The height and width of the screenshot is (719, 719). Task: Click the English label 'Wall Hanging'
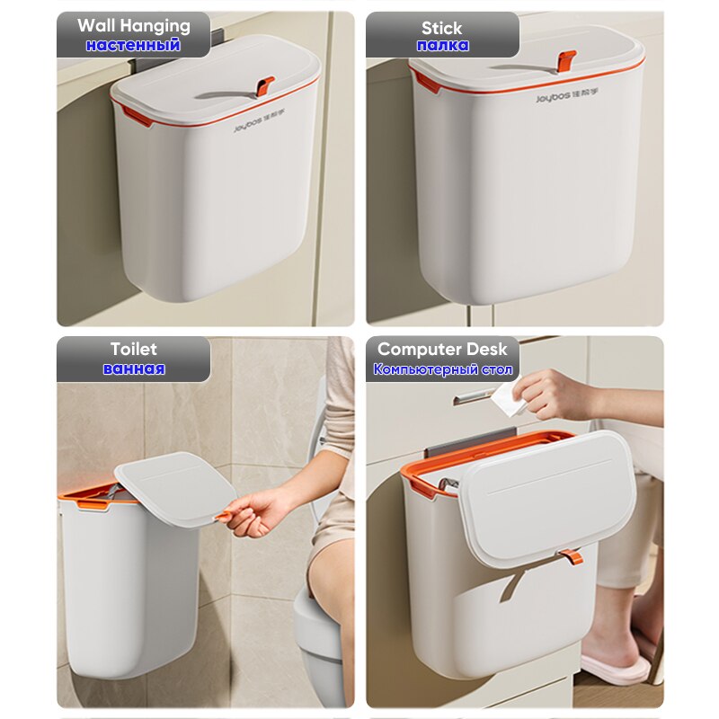click(x=133, y=25)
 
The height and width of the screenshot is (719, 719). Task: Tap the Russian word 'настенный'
click(x=133, y=45)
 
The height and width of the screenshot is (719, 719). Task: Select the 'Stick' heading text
click(x=442, y=27)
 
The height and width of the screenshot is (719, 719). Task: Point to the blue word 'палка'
click(x=442, y=45)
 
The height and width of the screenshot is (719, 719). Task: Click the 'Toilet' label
click(x=133, y=349)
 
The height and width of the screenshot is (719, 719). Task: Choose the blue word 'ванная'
click(x=133, y=368)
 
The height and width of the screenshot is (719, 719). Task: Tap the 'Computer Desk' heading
click(x=442, y=349)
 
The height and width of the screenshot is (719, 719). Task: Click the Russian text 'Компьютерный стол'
click(x=442, y=369)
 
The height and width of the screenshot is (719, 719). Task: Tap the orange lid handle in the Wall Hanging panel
click(x=264, y=86)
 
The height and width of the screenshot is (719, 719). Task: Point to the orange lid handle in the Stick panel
click(x=565, y=60)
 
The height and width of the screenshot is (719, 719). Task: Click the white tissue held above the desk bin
click(x=509, y=399)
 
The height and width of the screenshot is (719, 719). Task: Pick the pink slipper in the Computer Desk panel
click(x=615, y=668)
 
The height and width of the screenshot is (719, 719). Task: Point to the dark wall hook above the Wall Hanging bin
click(x=217, y=39)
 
